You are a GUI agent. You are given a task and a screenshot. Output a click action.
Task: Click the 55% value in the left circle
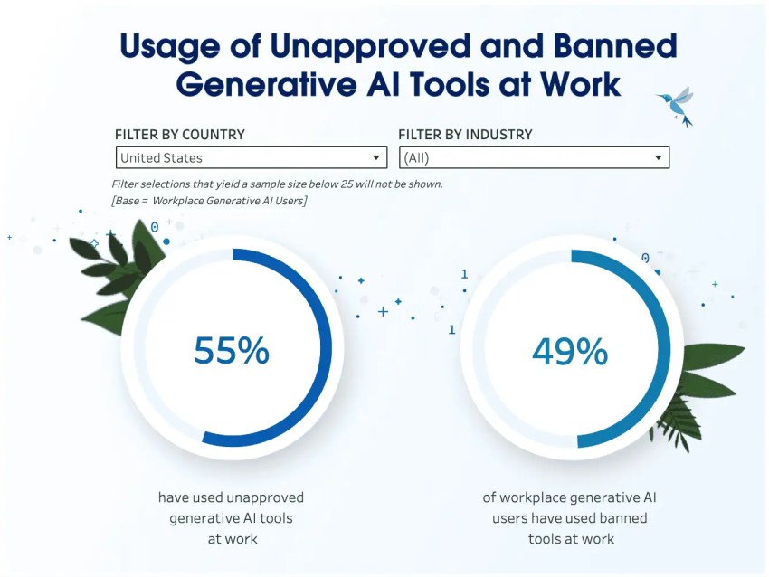coord(232,351)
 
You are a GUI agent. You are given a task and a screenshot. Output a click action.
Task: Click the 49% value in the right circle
coord(570,352)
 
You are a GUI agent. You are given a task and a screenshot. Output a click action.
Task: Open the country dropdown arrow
coord(375,158)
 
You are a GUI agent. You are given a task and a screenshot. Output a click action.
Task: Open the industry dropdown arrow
coord(658,158)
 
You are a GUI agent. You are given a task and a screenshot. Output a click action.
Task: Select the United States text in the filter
coord(161,158)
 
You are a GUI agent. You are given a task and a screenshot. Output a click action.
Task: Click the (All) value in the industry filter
coord(416,158)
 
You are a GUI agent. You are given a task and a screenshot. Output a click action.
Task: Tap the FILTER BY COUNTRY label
coord(179,135)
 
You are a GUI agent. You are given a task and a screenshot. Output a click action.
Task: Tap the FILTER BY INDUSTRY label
coord(465,135)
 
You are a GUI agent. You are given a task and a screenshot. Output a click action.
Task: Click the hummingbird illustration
coord(678,106)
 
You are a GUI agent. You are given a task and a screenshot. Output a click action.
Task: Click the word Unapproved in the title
coord(371,46)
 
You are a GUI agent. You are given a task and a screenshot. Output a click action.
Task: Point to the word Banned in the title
coord(615,45)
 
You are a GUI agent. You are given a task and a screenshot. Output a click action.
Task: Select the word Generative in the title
coord(266,84)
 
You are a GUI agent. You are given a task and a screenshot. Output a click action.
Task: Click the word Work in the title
coord(580,84)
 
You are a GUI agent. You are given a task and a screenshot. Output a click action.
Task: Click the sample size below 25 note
coord(277,184)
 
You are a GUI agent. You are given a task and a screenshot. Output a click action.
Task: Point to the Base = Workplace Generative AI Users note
coord(209,201)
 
